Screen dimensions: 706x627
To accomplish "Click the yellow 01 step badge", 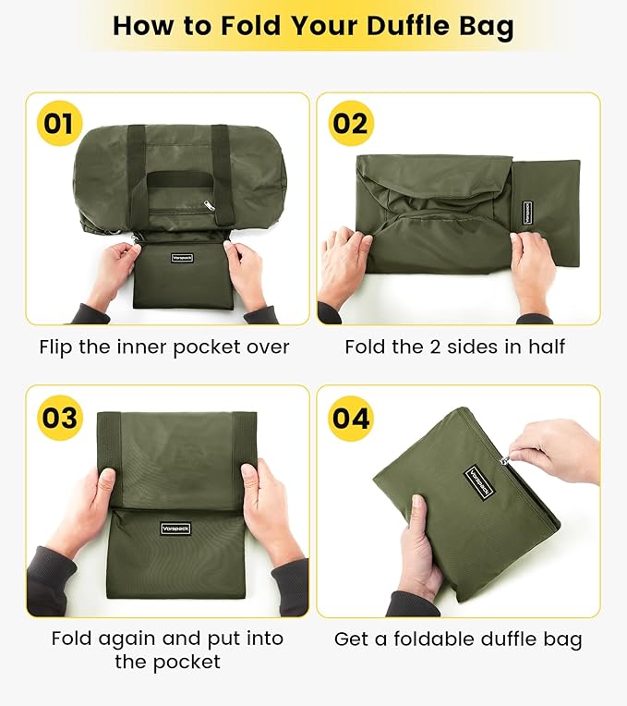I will pyautogui.click(x=59, y=124).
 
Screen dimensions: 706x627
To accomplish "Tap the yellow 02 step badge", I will pyautogui.click(x=350, y=124).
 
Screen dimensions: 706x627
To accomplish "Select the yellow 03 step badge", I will pyautogui.click(x=59, y=417).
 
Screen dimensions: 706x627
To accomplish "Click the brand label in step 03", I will pyautogui.click(x=175, y=529).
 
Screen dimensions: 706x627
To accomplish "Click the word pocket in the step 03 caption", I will pyautogui.click(x=191, y=662).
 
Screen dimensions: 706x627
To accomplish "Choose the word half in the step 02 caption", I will pyautogui.click(x=547, y=347).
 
